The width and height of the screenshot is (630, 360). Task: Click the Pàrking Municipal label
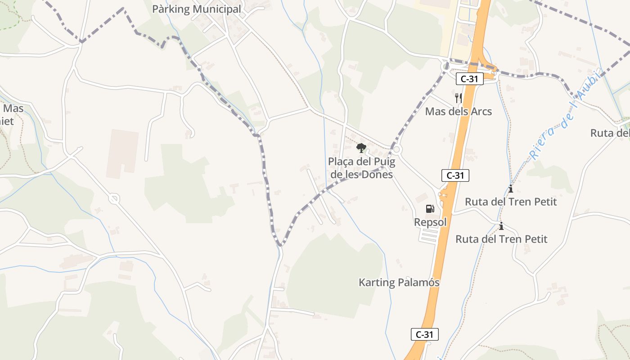(197, 9)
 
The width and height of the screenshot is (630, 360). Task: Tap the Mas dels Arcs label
(459, 111)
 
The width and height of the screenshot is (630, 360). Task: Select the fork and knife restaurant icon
(459, 97)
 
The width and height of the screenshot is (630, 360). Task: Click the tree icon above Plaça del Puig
(361, 148)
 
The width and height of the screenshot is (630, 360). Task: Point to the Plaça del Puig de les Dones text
(361, 168)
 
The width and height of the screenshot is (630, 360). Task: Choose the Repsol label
(430, 222)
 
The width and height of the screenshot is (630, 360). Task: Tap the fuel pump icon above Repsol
(430, 209)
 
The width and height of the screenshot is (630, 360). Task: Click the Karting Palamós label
(399, 283)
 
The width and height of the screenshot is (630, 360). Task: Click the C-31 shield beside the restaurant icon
(469, 79)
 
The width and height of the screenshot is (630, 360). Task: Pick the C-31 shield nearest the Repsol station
(455, 175)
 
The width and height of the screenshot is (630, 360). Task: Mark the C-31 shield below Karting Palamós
(424, 334)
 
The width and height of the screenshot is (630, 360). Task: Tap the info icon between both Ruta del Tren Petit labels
(501, 226)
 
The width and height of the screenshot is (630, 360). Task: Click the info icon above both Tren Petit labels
(510, 188)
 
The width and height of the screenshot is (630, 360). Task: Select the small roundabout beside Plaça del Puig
(396, 149)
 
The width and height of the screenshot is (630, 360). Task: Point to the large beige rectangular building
(122, 154)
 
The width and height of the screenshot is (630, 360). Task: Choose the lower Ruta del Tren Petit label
(501, 239)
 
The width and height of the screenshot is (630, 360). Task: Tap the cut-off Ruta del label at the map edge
(610, 133)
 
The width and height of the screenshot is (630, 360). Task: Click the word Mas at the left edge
(13, 108)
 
